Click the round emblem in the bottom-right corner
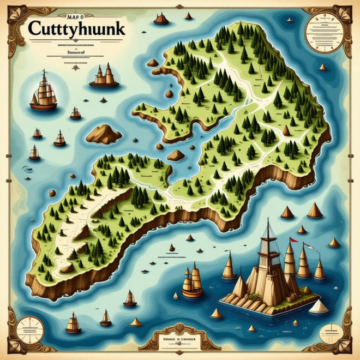point(331,331)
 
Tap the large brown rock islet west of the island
point(104,134)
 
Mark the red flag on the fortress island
point(293,239)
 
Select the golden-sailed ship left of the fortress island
point(192,283)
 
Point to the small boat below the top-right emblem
point(323,68)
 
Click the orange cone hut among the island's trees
point(286,130)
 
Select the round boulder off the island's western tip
point(52,193)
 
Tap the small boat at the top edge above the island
point(161,19)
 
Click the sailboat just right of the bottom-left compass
point(73,323)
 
